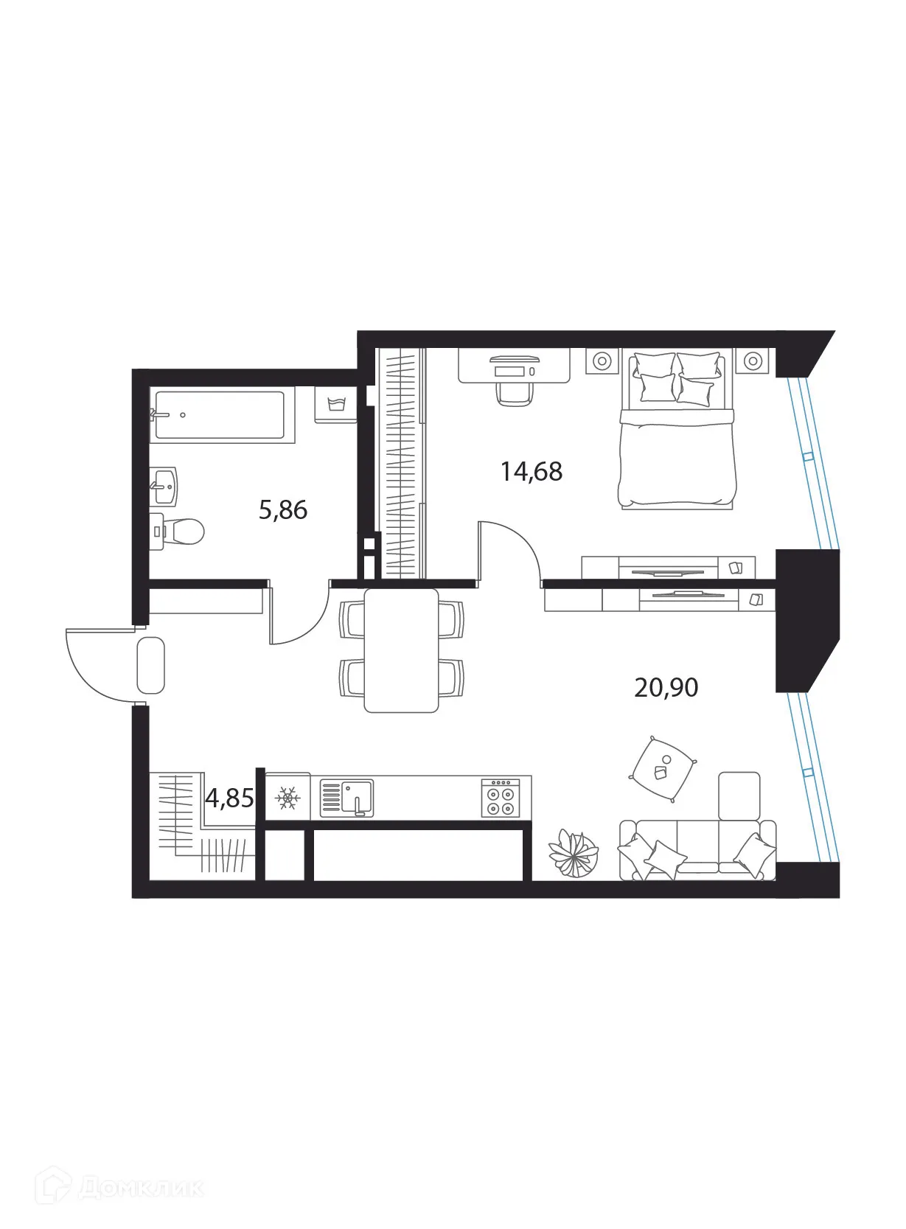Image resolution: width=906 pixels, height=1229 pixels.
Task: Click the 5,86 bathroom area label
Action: [282, 509]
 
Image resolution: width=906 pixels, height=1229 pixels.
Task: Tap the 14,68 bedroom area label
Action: [531, 471]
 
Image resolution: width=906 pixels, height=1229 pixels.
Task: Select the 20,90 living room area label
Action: [666, 687]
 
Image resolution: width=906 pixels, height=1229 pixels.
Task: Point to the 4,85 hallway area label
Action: [229, 798]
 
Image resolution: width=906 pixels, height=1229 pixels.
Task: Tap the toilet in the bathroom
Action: [181, 531]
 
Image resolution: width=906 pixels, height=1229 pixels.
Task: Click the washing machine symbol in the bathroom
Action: [335, 405]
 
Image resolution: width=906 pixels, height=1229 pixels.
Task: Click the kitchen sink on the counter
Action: [347, 798]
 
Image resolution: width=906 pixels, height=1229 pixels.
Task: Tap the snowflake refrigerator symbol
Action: [288, 797]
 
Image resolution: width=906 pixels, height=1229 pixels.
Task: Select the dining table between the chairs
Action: [401, 650]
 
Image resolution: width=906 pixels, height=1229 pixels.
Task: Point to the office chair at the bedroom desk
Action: [513, 391]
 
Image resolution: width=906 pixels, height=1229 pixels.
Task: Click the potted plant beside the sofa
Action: [573, 853]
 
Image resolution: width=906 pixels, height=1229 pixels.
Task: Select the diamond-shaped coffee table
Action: [663, 770]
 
